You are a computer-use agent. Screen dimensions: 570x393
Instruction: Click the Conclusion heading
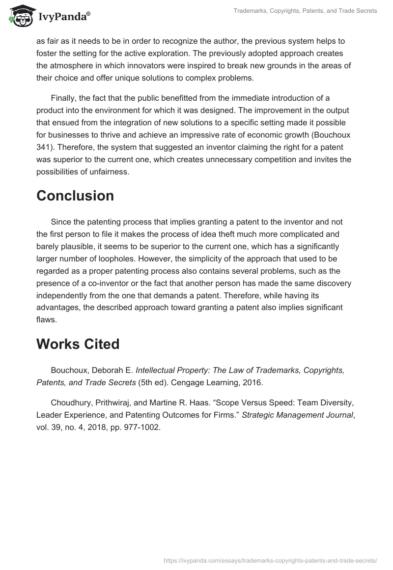pos(75,196)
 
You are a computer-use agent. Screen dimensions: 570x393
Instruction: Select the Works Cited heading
pos(78,344)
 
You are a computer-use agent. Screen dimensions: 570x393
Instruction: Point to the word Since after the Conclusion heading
pos(61,222)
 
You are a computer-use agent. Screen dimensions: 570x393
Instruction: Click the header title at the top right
pos(305,11)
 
